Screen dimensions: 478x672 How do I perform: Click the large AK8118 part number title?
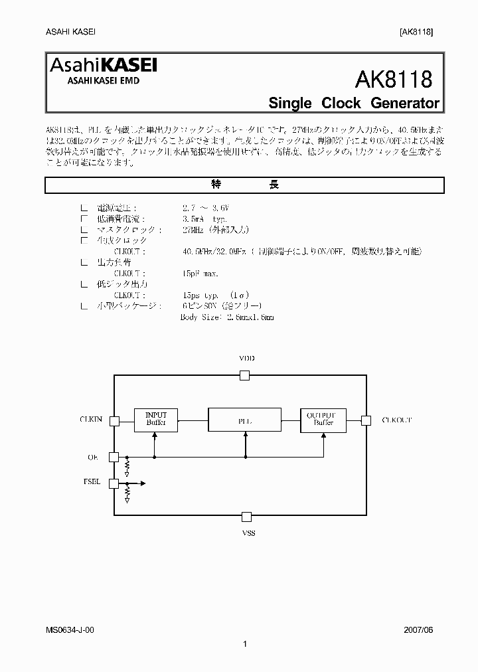(394, 80)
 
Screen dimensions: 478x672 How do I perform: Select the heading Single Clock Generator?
(353, 103)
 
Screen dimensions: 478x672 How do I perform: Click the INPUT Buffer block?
(155, 419)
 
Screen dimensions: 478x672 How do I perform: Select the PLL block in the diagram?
(245, 420)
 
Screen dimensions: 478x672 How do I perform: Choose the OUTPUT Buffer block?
(323, 419)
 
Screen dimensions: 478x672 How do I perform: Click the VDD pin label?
(246, 359)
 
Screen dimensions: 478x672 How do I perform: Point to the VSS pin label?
(247, 533)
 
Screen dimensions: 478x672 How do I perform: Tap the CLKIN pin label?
(91, 420)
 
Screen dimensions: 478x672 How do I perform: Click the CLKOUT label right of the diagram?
(397, 420)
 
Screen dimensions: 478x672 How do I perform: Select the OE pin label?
(93, 457)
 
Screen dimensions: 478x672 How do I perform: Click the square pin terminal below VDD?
(245, 375)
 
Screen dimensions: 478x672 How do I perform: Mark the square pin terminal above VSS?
(246, 516)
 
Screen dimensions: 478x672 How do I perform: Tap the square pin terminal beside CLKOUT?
(365, 420)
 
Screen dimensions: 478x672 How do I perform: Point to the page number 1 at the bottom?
(245, 643)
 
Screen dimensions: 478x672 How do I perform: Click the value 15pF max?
(200, 273)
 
